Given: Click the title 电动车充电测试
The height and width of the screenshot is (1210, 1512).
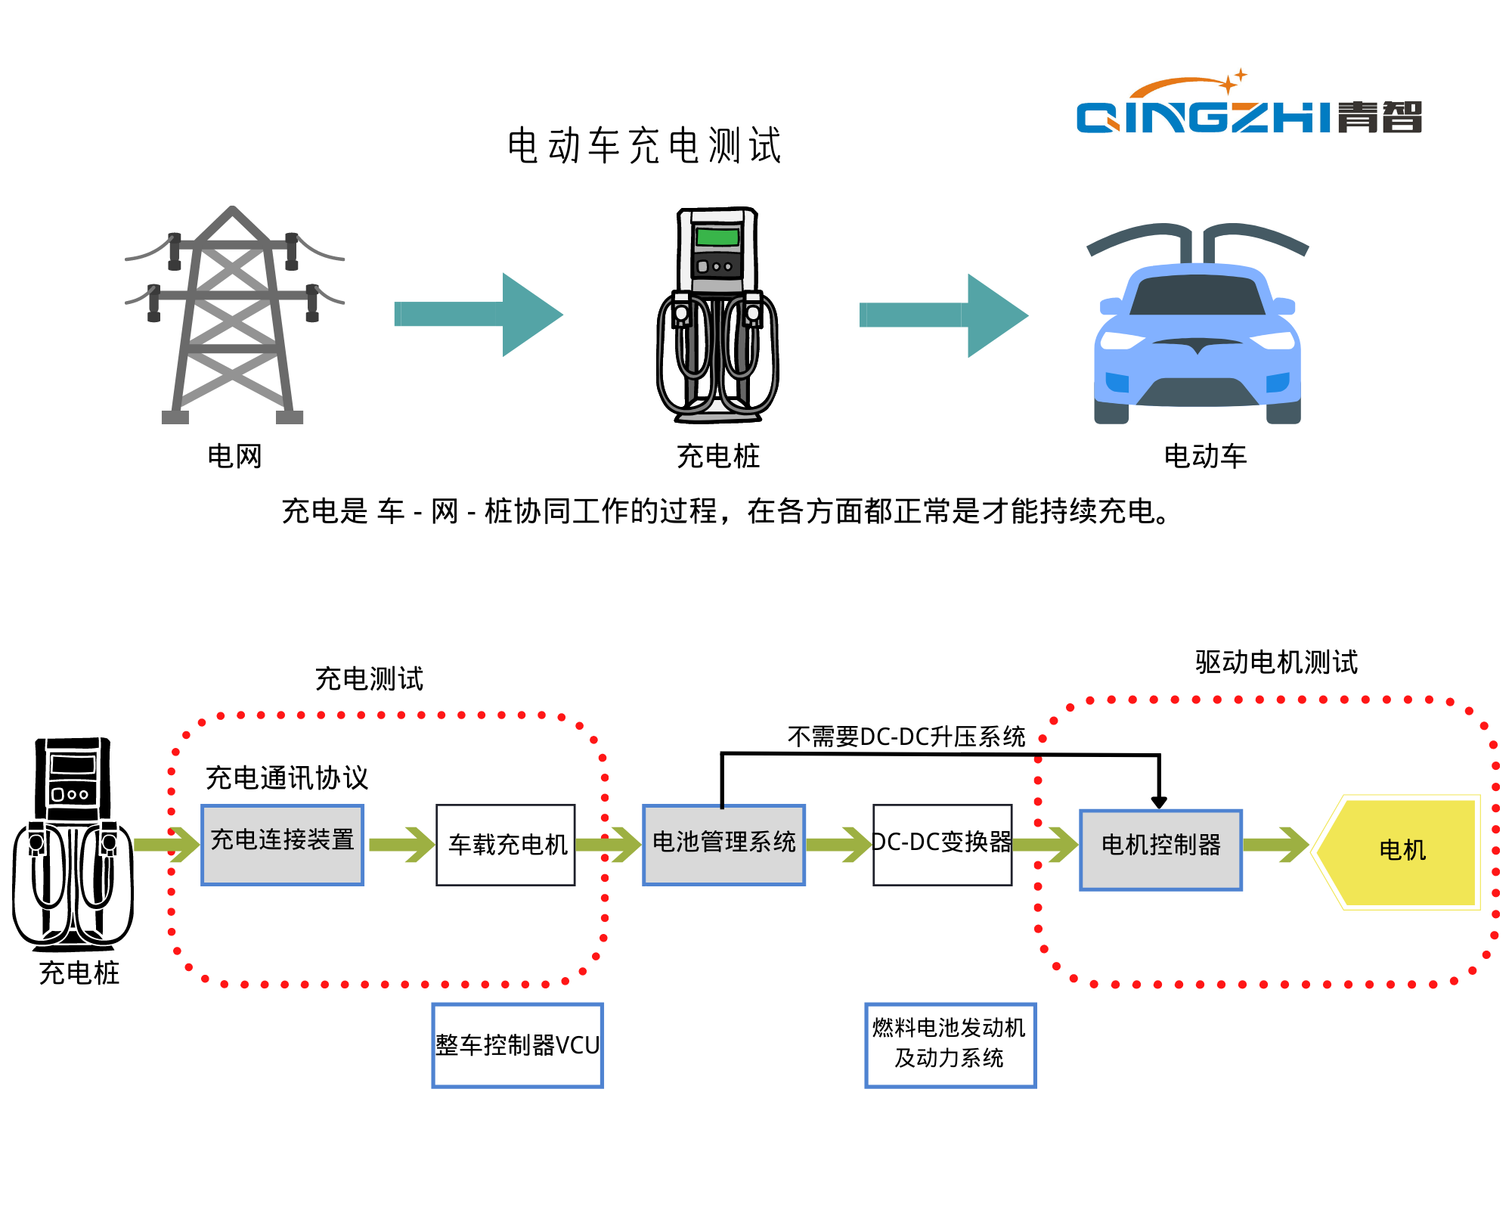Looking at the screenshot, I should click(x=645, y=145).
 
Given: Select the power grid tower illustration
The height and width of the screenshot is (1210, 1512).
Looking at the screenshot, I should click(x=233, y=316).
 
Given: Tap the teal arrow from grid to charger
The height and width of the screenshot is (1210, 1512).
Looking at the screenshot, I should click(x=479, y=314).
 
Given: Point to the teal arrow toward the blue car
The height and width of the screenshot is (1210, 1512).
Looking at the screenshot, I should click(x=943, y=315).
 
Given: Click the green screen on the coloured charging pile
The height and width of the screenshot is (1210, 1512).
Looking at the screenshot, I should click(x=717, y=237).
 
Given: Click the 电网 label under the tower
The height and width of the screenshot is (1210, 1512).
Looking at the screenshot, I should click(x=234, y=456).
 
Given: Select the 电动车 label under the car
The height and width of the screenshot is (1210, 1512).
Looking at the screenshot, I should click(x=1205, y=456).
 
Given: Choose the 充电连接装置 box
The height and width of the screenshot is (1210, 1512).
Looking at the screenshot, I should click(x=283, y=844).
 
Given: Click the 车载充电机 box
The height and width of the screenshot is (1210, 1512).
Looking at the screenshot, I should click(x=506, y=844).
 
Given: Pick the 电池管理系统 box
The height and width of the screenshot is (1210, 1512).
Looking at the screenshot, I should click(x=723, y=844).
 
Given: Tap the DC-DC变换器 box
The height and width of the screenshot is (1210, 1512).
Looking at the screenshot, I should click(x=942, y=844).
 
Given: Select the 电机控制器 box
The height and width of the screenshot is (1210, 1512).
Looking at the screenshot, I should click(x=1160, y=849).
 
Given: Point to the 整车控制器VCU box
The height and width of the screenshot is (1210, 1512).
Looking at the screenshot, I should click(x=517, y=1045).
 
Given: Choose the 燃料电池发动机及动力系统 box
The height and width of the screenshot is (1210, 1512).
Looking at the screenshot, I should click(x=950, y=1044).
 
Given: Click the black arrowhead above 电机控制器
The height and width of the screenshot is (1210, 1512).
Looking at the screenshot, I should click(x=1159, y=802).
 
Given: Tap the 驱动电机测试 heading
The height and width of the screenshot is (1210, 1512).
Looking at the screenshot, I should click(x=1276, y=662).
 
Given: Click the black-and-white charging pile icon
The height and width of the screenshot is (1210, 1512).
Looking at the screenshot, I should click(x=73, y=843).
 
